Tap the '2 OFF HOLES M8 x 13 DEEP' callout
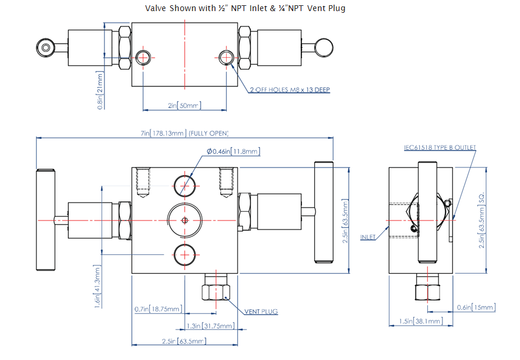coord(290,89)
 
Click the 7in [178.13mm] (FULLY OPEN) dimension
coord(184,133)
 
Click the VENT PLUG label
coord(261,312)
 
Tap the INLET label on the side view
coord(368,237)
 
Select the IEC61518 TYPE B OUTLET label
coord(440,148)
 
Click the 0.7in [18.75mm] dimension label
coord(158,309)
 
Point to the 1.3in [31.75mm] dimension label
coord(210,326)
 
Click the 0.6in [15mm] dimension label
coord(476,307)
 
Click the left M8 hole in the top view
coord(143,57)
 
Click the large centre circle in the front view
coord(185,220)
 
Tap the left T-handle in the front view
coord(45,219)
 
